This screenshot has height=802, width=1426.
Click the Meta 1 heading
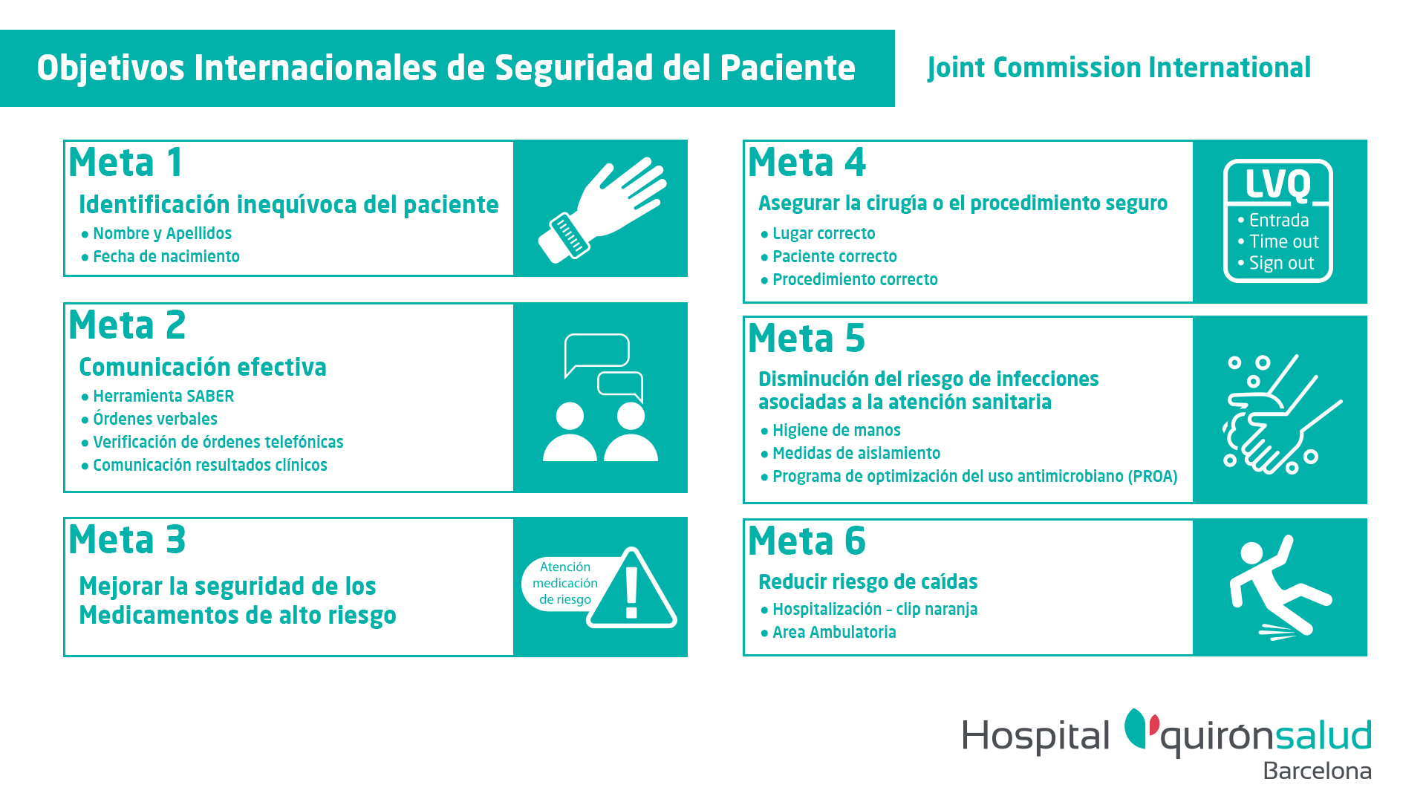pos(126,163)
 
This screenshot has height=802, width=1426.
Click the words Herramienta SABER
pos(163,397)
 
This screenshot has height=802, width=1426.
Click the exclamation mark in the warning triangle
pos(631,593)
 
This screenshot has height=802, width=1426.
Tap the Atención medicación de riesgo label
pos(565,583)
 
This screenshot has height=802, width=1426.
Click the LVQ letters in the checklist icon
pos(1277,184)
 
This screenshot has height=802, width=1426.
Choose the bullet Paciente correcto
pos(835,257)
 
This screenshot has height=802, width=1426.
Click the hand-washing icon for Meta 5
pos(1282,414)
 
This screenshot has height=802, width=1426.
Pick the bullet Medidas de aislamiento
pos(856,454)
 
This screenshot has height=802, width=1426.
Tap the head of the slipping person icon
pos(1252,553)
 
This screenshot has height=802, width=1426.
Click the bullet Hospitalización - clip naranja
pos(875,610)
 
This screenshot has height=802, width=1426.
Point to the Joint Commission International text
pos(1119,68)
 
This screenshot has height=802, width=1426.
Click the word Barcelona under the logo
pos(1318,771)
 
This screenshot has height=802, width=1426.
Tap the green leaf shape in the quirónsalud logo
pos(1136,728)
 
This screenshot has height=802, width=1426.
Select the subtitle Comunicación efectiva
pos(203,368)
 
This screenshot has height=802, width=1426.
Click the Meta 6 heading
pos(807,541)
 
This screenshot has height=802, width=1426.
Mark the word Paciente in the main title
pos(787,68)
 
